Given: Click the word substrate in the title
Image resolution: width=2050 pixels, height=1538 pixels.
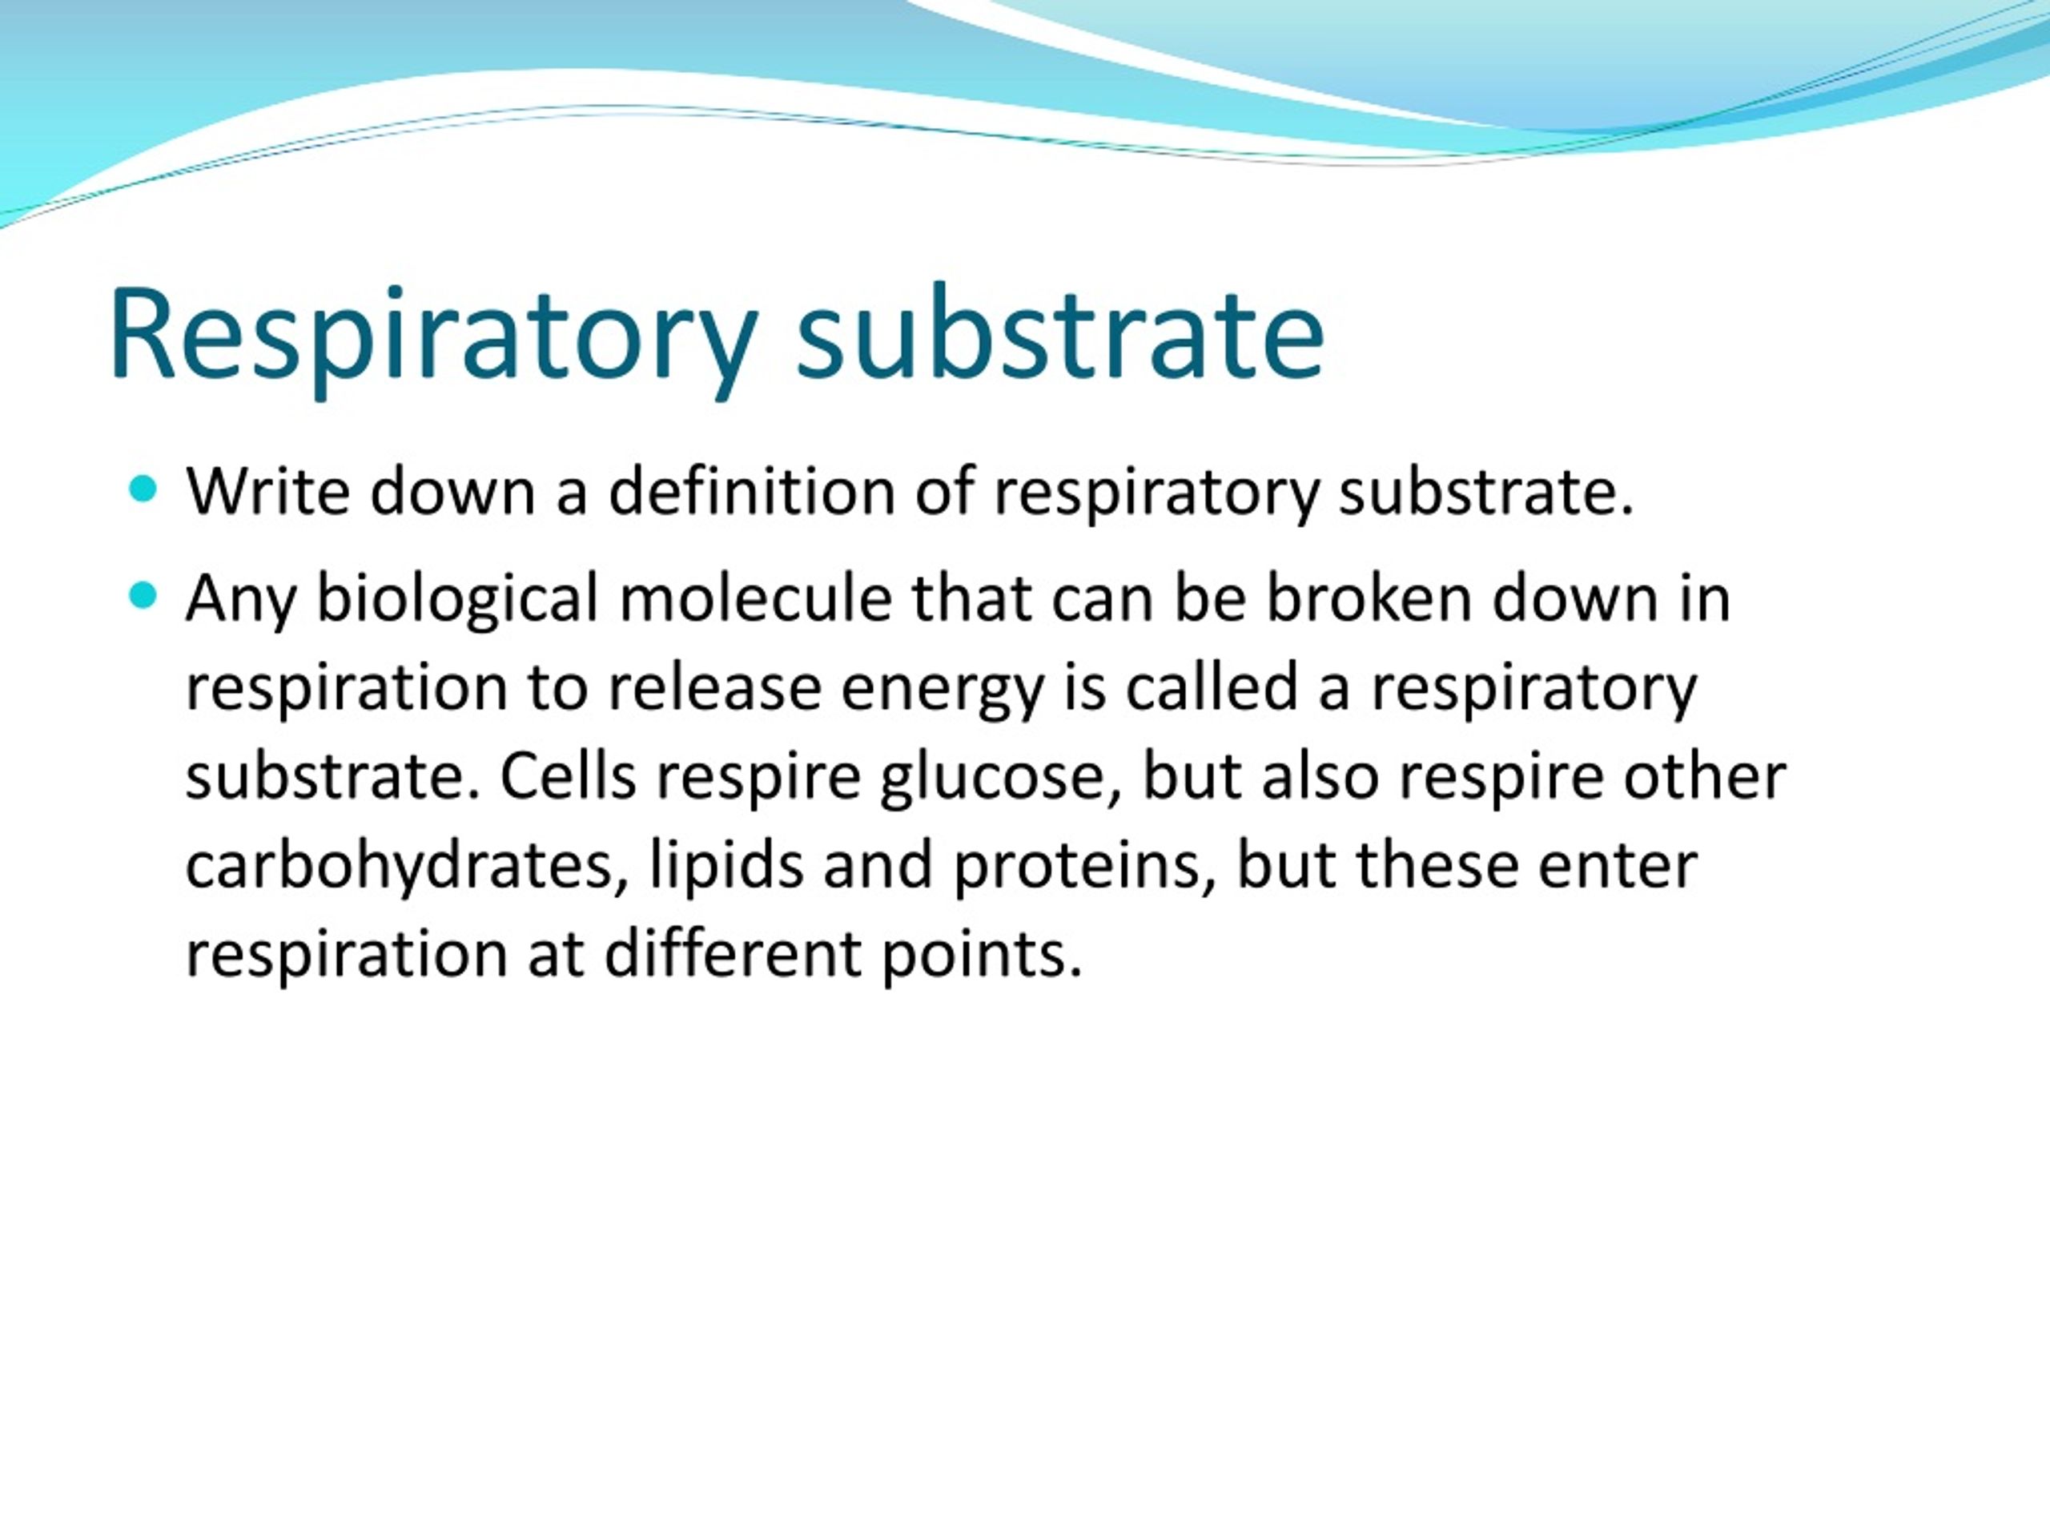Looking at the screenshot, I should (1060, 336).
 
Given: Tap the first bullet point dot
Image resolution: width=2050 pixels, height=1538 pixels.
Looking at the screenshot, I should (143, 489).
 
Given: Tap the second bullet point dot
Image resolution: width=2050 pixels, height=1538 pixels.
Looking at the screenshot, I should (143, 596).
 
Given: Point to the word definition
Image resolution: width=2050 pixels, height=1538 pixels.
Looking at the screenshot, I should (750, 491).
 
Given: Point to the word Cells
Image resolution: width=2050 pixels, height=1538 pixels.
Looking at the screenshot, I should (568, 777).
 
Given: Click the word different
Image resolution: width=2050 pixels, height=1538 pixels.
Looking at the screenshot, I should (733, 955).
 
